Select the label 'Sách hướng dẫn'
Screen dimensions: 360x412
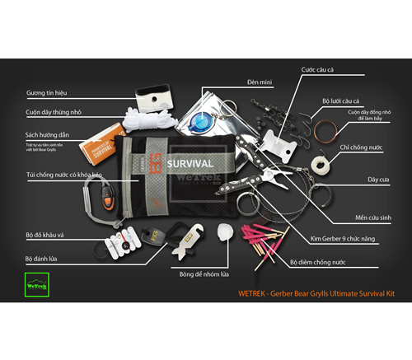pos(49,133)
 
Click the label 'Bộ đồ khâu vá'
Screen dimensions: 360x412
pos(44,234)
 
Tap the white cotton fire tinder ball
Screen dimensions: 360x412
pos(221,236)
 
